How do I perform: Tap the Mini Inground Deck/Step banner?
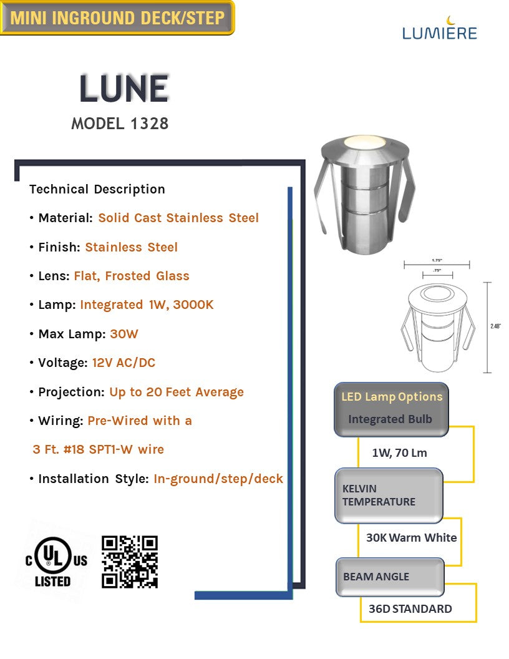tap(117, 17)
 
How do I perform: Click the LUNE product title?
tap(124, 89)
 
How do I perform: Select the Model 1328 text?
tap(120, 124)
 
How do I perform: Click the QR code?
tap(130, 561)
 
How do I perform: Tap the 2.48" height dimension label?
tap(496, 326)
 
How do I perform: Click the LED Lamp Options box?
tap(391, 409)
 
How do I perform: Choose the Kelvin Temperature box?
tap(389, 495)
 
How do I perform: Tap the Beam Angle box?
tap(390, 577)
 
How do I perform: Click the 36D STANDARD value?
tap(410, 608)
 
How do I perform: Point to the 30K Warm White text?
tap(411, 537)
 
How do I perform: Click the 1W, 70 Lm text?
tap(399, 452)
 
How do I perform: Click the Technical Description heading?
tap(97, 189)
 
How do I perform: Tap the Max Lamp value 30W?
tap(124, 334)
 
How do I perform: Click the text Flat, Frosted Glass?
tap(132, 276)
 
